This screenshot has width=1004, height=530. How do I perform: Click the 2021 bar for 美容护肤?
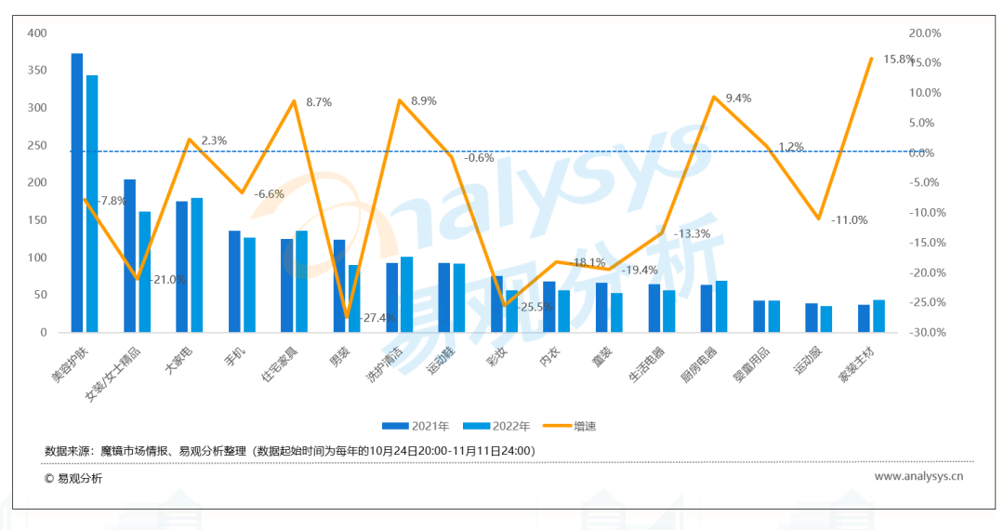click(77, 192)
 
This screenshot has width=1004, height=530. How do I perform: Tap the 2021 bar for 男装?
click(339, 285)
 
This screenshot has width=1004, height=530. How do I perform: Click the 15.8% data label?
click(898, 60)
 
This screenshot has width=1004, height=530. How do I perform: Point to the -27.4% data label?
click(378, 318)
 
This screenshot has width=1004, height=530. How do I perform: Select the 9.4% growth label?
click(738, 99)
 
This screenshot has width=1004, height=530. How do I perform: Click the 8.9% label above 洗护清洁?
click(423, 100)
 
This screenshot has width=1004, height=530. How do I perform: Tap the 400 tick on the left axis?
click(37, 33)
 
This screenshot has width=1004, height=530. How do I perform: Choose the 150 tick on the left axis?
click(37, 220)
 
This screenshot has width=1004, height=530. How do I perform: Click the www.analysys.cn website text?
click(918, 477)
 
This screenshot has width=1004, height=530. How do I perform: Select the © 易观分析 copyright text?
click(73, 479)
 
